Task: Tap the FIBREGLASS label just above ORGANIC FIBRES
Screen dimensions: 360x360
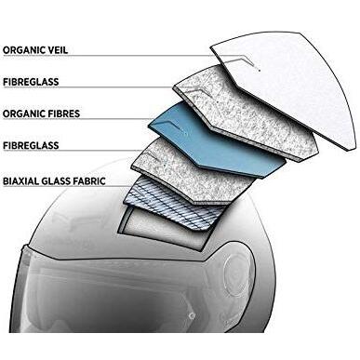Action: [x=31, y=82]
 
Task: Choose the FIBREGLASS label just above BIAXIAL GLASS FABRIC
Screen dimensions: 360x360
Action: [x=31, y=145]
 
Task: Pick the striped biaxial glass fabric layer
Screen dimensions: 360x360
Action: [x=174, y=203]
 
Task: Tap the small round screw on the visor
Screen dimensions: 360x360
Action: [x=193, y=315]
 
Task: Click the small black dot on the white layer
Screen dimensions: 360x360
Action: [x=260, y=71]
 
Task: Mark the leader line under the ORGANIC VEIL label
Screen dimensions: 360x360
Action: [x=107, y=56]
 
